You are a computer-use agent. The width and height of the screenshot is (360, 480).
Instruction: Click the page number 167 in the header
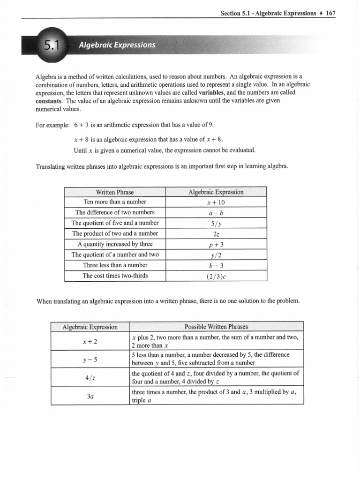click(331, 13)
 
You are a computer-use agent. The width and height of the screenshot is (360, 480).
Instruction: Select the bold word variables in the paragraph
click(211, 93)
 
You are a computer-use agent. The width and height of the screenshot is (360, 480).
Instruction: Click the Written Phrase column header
click(115, 192)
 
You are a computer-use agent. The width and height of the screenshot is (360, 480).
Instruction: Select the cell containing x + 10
click(216, 202)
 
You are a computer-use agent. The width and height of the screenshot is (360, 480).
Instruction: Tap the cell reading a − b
click(216, 212)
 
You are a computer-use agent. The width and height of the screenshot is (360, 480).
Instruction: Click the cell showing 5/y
click(216, 223)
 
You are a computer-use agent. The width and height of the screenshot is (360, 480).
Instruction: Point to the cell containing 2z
click(216, 234)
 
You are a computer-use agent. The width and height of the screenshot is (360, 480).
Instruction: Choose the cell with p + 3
click(216, 244)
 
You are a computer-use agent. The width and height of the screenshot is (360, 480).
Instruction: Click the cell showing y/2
click(216, 255)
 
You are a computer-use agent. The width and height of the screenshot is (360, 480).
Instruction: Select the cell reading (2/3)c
click(216, 276)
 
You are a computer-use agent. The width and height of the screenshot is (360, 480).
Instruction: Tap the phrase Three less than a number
click(115, 265)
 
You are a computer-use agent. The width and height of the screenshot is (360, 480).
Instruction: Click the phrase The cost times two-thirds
click(115, 276)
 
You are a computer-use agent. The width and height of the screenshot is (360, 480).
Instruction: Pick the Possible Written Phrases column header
click(216, 327)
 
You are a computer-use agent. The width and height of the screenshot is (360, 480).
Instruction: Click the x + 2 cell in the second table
click(89, 341)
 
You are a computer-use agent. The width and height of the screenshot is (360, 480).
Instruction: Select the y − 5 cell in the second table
click(89, 359)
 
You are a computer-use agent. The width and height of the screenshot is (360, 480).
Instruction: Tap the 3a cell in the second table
click(90, 396)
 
